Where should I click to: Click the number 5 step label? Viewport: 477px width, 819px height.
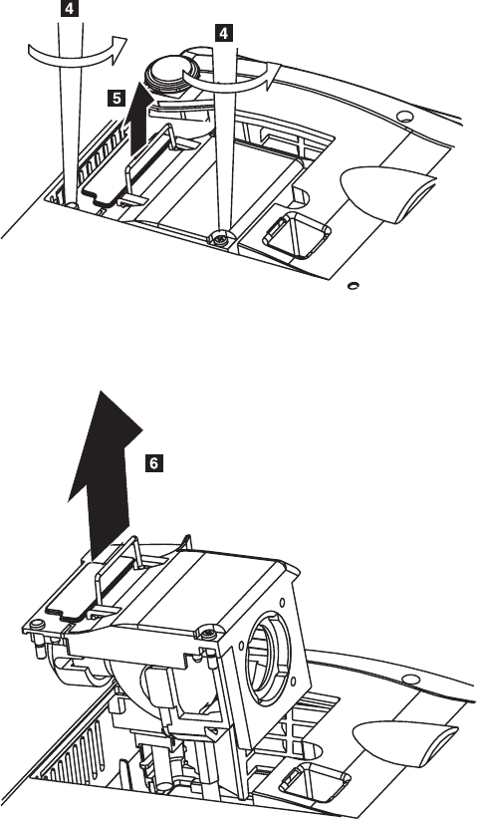click(x=117, y=98)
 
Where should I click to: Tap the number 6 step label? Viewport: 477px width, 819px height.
click(x=153, y=462)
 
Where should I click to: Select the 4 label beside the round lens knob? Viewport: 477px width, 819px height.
click(x=223, y=34)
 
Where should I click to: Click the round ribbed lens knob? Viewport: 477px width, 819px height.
click(x=169, y=72)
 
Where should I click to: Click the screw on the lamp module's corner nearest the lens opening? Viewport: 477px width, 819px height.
click(x=207, y=635)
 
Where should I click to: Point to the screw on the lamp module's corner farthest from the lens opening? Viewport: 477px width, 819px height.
click(x=37, y=624)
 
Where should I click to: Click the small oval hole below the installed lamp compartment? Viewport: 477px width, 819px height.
click(x=354, y=285)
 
